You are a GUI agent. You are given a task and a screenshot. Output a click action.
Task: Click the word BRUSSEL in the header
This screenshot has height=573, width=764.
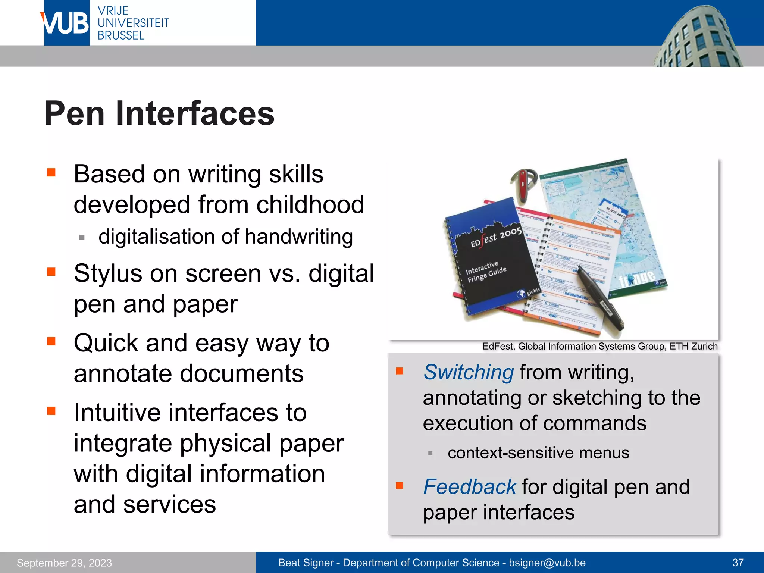tap(121, 36)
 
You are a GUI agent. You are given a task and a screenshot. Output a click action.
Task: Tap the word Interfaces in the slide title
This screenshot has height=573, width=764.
tap(195, 114)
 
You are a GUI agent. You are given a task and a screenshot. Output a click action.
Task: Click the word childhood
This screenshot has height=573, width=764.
tap(310, 205)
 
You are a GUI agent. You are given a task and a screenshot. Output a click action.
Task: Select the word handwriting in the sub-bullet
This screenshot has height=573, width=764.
tap(299, 237)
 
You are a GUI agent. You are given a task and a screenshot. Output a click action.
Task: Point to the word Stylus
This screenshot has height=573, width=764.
tap(108, 273)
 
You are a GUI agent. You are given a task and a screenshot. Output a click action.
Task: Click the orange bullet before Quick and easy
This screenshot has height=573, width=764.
tap(51, 341)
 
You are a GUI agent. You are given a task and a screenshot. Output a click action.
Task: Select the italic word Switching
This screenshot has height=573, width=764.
tap(469, 372)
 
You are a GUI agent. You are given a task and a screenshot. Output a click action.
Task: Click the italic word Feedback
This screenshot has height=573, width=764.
tap(469, 487)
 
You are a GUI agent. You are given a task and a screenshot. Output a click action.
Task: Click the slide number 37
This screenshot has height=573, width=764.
tap(738, 563)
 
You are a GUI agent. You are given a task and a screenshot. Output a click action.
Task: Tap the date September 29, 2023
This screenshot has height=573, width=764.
tap(64, 563)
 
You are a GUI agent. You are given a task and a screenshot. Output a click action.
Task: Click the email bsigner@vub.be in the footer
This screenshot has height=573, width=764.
tap(547, 563)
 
